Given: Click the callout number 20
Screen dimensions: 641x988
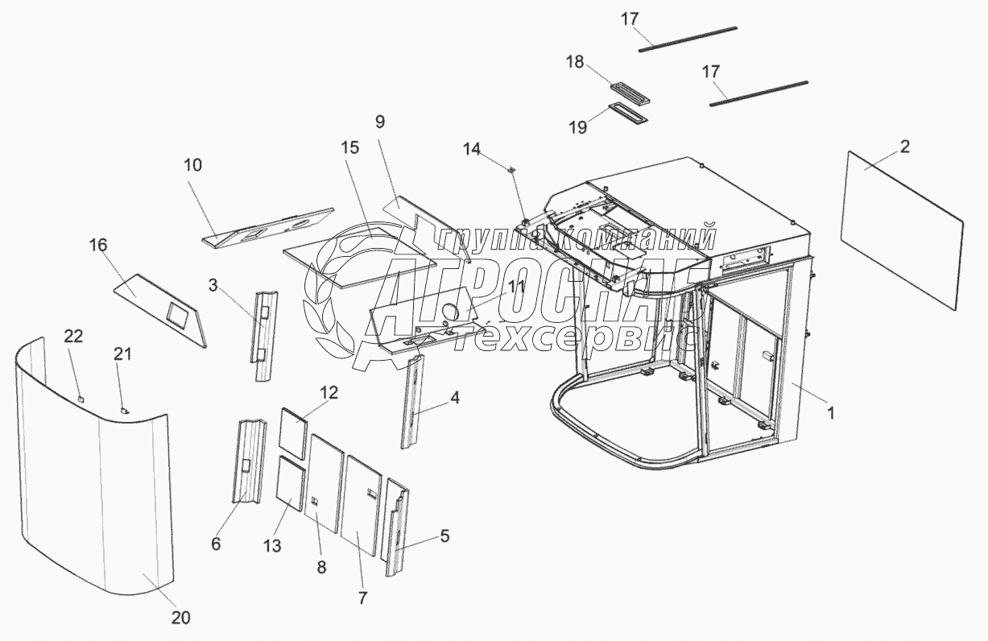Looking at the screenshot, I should pyautogui.click(x=180, y=618).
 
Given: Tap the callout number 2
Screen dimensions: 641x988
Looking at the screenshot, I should pyautogui.click(x=905, y=147).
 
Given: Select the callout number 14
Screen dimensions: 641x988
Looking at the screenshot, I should pyautogui.click(x=471, y=149).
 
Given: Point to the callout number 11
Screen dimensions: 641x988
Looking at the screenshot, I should pyautogui.click(x=516, y=286).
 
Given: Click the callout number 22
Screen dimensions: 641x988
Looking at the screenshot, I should pyautogui.click(x=73, y=337).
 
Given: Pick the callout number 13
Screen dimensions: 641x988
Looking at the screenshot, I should pyautogui.click(x=272, y=546).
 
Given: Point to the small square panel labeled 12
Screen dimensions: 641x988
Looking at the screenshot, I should pyautogui.click(x=293, y=432).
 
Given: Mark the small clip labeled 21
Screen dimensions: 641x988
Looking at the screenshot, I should pyautogui.click(x=124, y=410).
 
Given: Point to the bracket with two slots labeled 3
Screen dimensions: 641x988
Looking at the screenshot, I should pyautogui.click(x=265, y=335).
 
